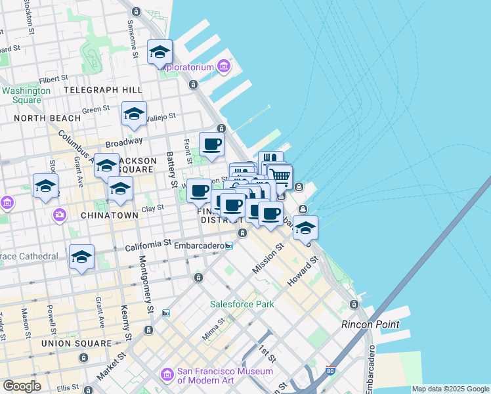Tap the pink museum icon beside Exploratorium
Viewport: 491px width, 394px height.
[x=224, y=66]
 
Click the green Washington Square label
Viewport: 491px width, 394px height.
[x=26, y=95]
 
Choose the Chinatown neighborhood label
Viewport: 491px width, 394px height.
[x=109, y=215]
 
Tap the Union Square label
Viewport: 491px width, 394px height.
[x=76, y=343]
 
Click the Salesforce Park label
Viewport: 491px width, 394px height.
[x=242, y=304]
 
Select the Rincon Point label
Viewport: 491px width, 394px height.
[x=370, y=324]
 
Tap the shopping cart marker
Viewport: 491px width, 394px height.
[x=280, y=175]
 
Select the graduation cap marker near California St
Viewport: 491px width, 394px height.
[x=82, y=257]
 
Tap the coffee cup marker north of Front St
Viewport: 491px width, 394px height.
[x=211, y=144]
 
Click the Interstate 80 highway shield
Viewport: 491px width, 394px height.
[x=331, y=373]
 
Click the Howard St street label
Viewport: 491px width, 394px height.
[x=303, y=272]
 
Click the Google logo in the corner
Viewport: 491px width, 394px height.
[x=22, y=385]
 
